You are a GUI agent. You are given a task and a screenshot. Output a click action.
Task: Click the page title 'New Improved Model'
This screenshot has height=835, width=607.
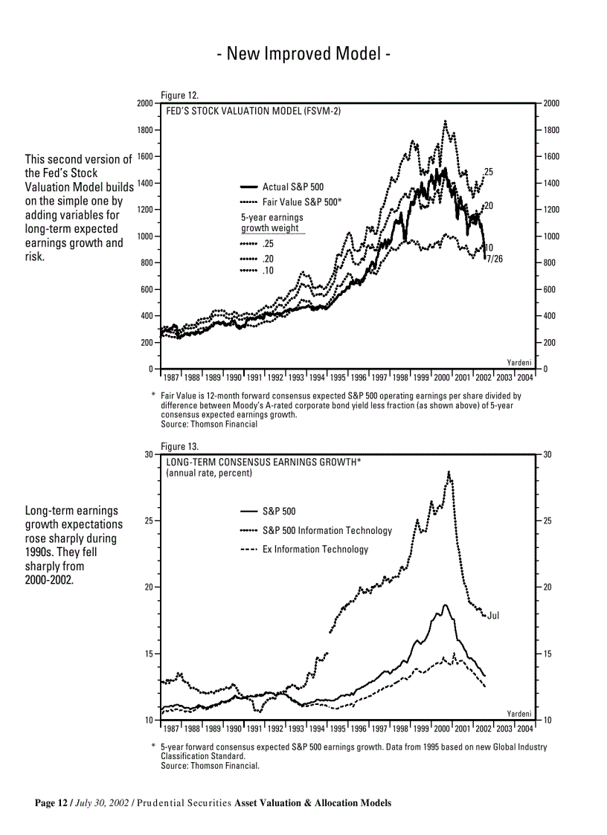click(303, 54)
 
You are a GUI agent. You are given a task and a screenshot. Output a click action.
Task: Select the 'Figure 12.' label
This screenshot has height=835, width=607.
click(179, 95)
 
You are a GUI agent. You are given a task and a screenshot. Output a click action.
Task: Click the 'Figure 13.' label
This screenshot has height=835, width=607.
click(179, 446)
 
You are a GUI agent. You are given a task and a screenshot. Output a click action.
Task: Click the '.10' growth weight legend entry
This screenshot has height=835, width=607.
click(268, 271)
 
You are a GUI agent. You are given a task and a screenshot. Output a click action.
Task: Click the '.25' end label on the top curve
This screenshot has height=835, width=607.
click(488, 172)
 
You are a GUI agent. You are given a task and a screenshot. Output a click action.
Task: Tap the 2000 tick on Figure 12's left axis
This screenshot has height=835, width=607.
click(145, 103)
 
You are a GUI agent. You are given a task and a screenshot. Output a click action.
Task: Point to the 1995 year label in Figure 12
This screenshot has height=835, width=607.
click(338, 377)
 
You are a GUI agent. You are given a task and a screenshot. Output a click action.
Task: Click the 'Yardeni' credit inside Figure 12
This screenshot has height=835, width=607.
click(519, 362)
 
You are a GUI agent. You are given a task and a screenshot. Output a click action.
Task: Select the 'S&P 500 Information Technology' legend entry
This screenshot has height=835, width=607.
click(327, 530)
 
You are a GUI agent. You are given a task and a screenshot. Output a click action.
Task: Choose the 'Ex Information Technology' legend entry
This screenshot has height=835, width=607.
click(315, 549)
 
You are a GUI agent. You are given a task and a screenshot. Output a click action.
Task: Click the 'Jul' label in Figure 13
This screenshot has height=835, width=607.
click(493, 616)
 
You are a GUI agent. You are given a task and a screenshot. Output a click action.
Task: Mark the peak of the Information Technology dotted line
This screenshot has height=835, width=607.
click(449, 471)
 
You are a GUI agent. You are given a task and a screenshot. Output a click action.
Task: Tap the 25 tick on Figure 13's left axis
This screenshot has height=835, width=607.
click(148, 521)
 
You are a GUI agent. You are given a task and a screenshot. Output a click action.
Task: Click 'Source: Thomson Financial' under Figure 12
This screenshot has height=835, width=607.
click(209, 425)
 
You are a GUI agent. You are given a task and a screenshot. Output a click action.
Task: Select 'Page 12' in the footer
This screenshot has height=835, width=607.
click(51, 803)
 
